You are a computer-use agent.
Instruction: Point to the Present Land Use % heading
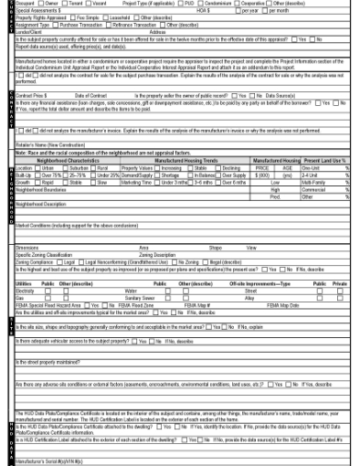[324, 161]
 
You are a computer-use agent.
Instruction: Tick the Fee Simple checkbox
[77, 18]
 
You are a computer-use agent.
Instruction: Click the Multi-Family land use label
[313, 183]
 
